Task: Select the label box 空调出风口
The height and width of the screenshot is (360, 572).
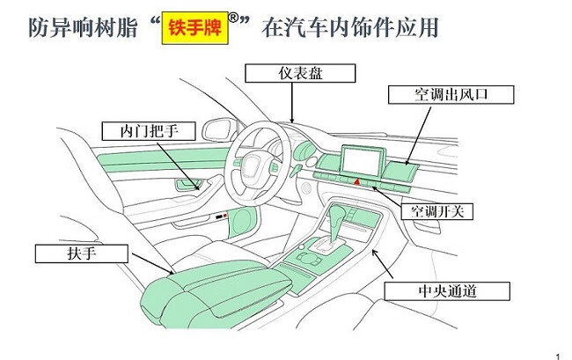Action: tap(438, 94)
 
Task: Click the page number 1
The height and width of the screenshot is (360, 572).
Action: tap(558, 352)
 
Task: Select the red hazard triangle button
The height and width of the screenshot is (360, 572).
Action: tap(357, 180)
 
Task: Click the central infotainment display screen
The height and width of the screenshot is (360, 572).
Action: tap(362, 161)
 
